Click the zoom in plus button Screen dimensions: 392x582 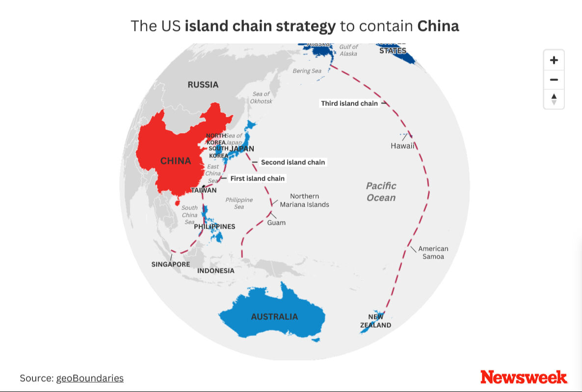(554, 60)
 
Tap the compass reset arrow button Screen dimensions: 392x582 (554, 99)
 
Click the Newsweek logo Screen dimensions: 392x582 (524, 377)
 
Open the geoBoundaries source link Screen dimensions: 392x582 (90, 378)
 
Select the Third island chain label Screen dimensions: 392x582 (349, 104)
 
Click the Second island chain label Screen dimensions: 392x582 (293, 162)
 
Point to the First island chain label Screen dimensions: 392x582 (258, 179)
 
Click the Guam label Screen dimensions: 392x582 (276, 223)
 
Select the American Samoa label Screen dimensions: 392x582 (433, 253)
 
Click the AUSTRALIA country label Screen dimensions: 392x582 (274, 317)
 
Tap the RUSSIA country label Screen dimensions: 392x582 (203, 84)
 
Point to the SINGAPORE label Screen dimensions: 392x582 (170, 264)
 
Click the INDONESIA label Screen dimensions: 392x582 (216, 271)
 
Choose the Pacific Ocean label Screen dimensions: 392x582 (381, 191)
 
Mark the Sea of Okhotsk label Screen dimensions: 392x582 (261, 97)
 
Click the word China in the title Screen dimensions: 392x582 (438, 26)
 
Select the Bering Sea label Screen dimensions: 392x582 (307, 71)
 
